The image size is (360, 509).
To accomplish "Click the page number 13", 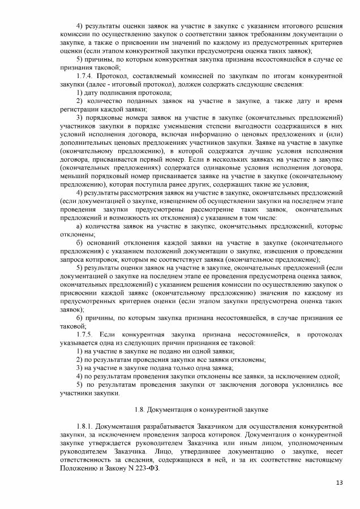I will [339, 481].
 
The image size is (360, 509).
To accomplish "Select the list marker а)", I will [79, 226].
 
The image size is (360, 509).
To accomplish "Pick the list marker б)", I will [79, 243].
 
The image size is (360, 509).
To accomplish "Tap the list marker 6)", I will [79, 317].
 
